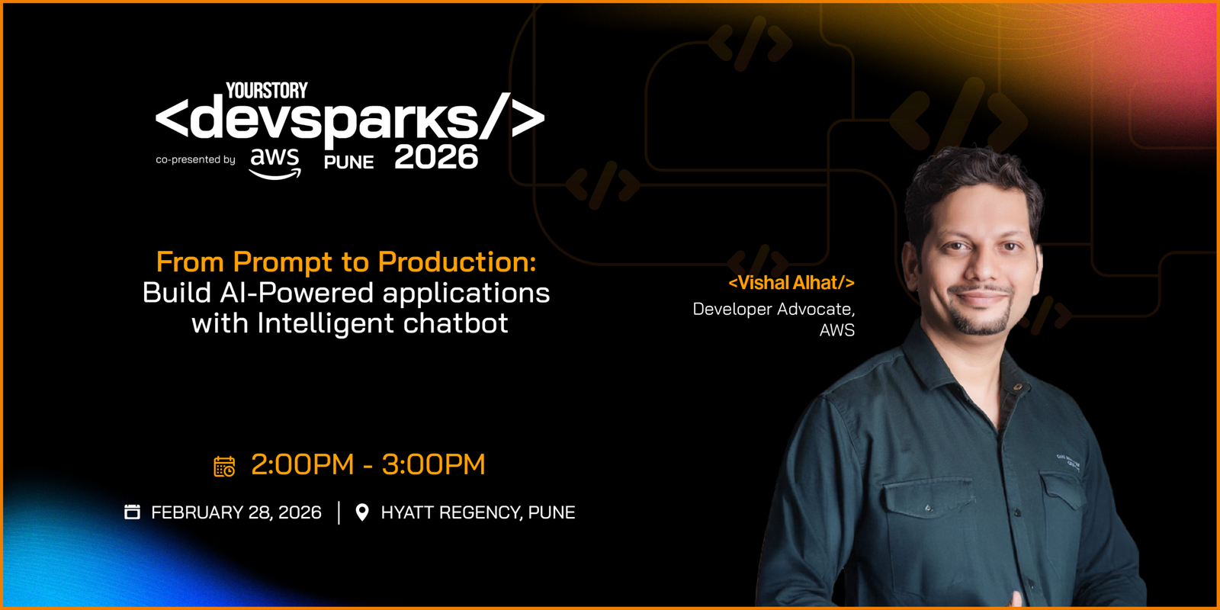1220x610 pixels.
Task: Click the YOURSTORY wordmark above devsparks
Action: tap(267, 91)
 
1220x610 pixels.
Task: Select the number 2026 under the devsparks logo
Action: tap(436, 157)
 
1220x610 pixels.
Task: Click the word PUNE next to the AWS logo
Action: tap(349, 162)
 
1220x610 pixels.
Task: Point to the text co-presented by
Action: tap(195, 159)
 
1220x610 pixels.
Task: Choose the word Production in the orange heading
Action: tap(457, 262)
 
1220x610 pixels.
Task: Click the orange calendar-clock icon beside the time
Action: tap(224, 467)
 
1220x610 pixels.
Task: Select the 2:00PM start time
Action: tap(302, 464)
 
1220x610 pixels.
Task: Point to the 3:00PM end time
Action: tap(434, 464)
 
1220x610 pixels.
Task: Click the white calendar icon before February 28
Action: tap(133, 512)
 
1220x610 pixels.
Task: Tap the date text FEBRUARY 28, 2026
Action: tap(236, 512)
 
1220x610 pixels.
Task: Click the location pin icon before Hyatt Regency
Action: tap(362, 512)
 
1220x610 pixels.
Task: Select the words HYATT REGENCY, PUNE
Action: tap(478, 512)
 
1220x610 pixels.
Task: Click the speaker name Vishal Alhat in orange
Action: tap(791, 283)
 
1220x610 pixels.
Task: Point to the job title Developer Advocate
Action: tap(774, 310)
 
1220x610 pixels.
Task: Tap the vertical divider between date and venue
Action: tap(339, 512)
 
